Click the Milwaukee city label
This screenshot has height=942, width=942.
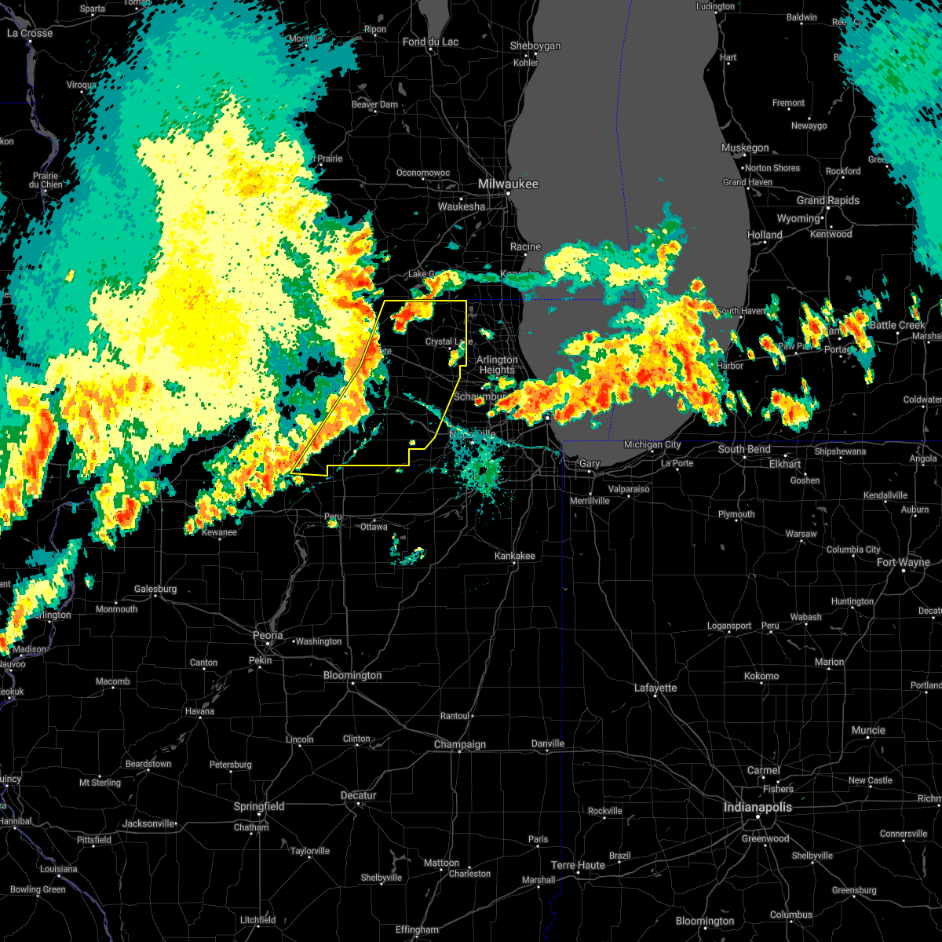click(x=509, y=184)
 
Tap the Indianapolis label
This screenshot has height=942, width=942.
click(x=758, y=807)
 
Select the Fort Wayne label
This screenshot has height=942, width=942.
click(x=904, y=562)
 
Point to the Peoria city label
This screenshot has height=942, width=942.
click(x=268, y=635)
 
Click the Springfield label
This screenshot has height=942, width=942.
click(x=259, y=806)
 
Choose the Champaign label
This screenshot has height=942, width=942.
click(x=460, y=744)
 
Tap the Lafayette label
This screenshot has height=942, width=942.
click(x=655, y=688)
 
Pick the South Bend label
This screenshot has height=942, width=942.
click(x=743, y=449)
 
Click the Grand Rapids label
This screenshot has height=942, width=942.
click(x=828, y=200)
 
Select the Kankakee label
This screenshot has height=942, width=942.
click(x=515, y=556)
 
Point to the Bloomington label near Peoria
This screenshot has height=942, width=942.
click(x=352, y=675)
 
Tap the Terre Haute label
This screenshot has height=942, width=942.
click(x=578, y=865)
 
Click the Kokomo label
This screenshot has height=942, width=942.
click(x=761, y=676)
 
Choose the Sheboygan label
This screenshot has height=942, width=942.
click(x=535, y=46)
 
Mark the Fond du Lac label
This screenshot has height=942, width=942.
click(x=430, y=42)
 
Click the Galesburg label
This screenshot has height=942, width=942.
click(x=155, y=589)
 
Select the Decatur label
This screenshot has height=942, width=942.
click(x=358, y=795)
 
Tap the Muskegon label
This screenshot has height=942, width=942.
click(x=745, y=148)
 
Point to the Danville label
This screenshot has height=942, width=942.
click(x=548, y=743)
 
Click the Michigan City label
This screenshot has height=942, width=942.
click(x=652, y=445)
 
